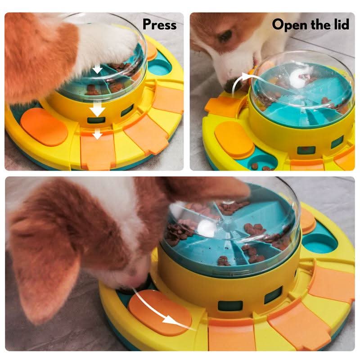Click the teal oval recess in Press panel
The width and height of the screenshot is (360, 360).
pyautogui.click(x=159, y=68)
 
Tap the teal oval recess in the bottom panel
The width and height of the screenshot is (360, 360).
pyautogui.click(x=319, y=242)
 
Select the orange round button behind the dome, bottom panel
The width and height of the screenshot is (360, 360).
pyautogui.click(x=307, y=220)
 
